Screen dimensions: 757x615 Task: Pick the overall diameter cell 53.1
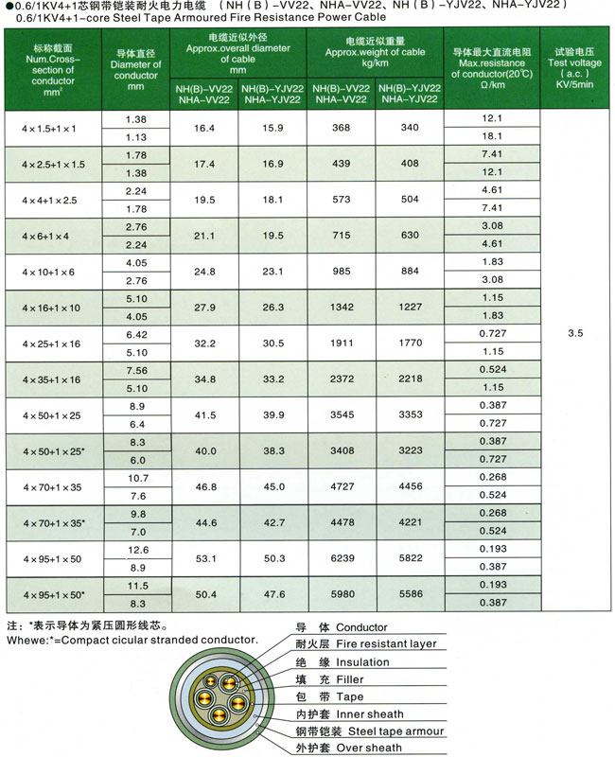(204, 558)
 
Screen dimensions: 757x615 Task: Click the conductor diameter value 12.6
(136, 550)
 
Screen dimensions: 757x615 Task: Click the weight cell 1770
(409, 343)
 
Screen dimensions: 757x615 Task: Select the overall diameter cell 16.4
(204, 128)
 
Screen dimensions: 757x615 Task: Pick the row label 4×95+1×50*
(53, 595)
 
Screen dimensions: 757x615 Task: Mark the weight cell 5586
(409, 594)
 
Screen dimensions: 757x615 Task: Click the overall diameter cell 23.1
(272, 272)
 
